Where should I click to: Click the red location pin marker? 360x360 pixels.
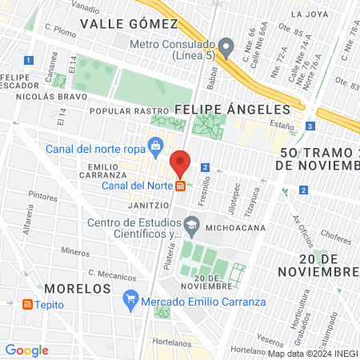181,162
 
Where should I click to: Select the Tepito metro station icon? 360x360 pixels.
28,305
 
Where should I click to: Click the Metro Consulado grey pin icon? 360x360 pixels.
226,45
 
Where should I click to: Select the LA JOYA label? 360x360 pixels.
310,14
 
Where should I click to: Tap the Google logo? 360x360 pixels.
26,350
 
